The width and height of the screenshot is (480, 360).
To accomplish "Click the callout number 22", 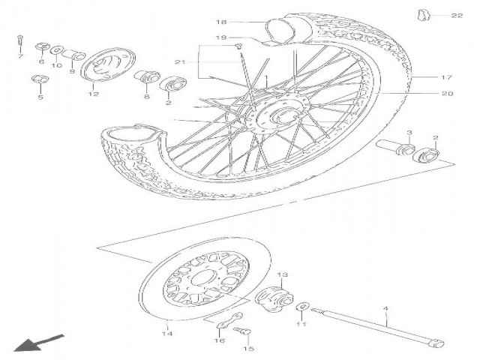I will (x=457, y=15).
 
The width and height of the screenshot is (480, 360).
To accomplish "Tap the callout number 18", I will (x=222, y=22).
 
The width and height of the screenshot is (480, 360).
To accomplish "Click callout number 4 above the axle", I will (x=386, y=308).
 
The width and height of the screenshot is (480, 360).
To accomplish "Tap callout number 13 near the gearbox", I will (x=283, y=275).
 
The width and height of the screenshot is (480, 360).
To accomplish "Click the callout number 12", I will (x=93, y=94).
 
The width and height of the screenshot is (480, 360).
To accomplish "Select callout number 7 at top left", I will (x=20, y=55).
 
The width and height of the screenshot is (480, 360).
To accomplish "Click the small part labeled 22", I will (x=424, y=13).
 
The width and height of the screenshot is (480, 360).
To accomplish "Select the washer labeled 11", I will (x=301, y=307).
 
